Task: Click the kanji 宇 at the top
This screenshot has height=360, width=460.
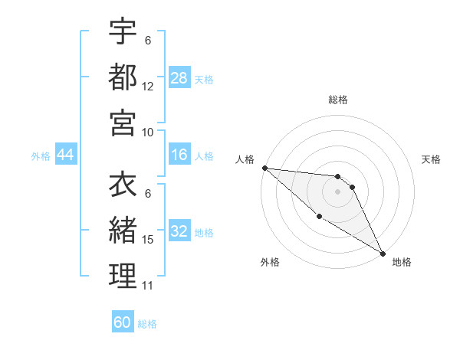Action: (x=123, y=31)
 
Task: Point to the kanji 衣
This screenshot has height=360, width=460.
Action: (x=123, y=185)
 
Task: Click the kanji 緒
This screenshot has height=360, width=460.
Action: (x=123, y=231)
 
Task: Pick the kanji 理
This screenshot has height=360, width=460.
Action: (x=123, y=277)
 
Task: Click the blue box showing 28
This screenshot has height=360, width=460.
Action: (x=179, y=77)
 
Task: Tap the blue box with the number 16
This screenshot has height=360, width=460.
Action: (x=179, y=155)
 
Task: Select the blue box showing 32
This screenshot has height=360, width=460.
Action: (x=179, y=232)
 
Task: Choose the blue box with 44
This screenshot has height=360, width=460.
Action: (x=65, y=155)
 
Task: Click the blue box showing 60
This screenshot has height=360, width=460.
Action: (x=123, y=322)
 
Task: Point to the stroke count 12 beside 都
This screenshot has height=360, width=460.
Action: (x=148, y=87)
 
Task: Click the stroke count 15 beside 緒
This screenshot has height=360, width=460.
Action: (x=148, y=240)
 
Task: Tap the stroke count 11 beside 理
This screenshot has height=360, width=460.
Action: (x=148, y=286)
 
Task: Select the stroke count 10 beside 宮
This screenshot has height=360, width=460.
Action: (x=148, y=132)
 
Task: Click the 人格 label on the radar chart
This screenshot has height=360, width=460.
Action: (x=245, y=159)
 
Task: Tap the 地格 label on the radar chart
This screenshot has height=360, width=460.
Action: (x=402, y=262)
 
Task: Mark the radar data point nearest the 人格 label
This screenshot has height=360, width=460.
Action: (x=264, y=168)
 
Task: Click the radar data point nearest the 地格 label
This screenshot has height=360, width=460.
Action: (x=382, y=253)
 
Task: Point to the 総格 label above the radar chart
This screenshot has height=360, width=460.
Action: (x=338, y=100)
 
